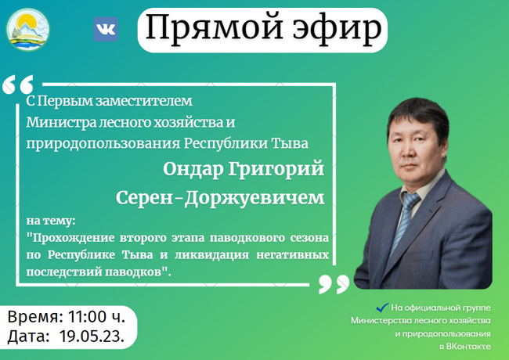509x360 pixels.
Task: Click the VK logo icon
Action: coord(106,29)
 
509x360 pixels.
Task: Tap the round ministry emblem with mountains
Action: coord(28,30)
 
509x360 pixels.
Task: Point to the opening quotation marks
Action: coord(18,85)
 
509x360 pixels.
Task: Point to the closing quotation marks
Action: coord(334,284)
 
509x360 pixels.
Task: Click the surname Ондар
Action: coord(193,169)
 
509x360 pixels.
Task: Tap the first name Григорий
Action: coord(276,169)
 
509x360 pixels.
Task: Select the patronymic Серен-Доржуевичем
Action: coord(220,197)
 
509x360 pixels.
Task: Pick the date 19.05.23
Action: coord(92,337)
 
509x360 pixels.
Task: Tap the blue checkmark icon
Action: coord(382,307)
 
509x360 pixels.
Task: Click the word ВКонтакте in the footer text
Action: coord(468,347)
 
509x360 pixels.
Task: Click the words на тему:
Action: coord(51,221)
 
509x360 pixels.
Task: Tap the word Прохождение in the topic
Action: coord(73,239)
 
